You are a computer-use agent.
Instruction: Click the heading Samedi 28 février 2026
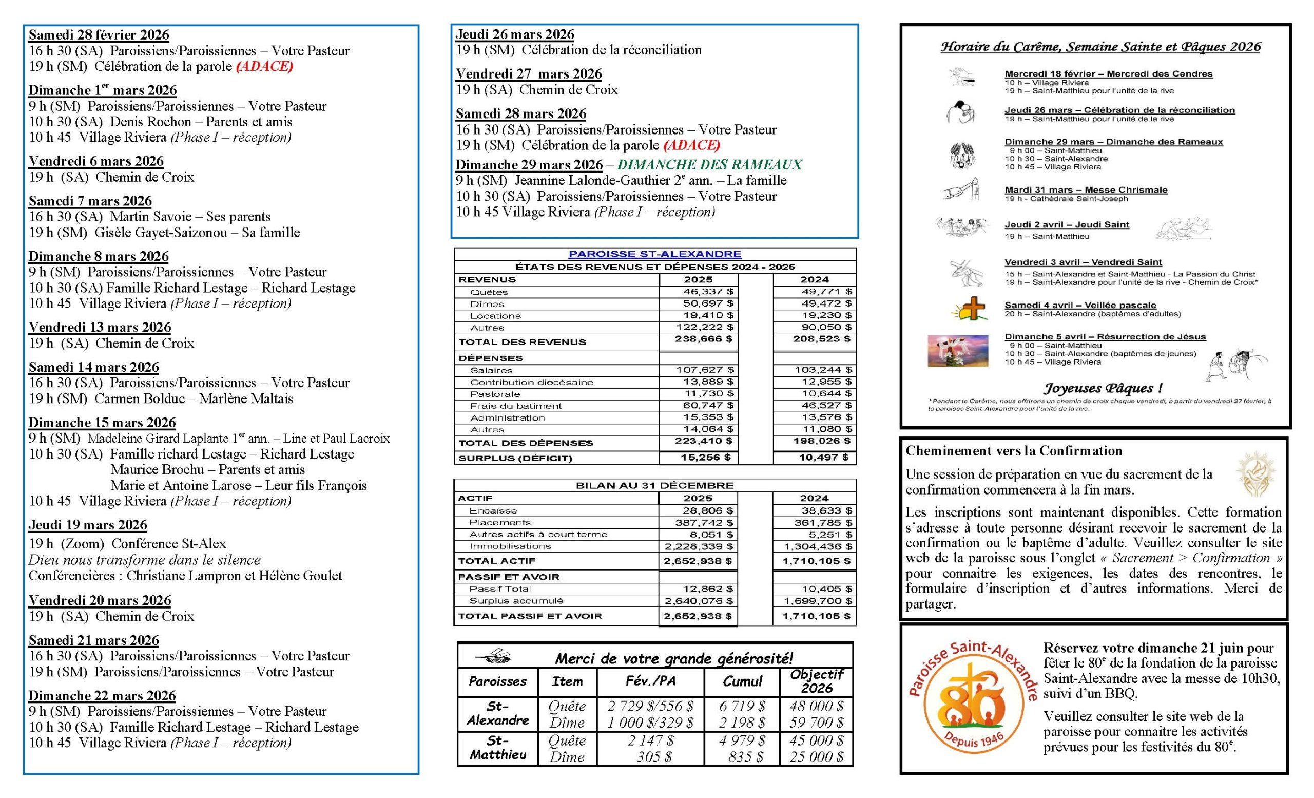[x=99, y=35]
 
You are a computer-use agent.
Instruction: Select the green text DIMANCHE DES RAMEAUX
[x=709, y=165]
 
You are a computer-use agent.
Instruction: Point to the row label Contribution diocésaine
[x=531, y=382]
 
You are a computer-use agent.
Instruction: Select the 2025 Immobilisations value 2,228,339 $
[x=698, y=547]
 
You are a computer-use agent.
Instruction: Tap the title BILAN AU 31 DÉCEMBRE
[x=654, y=485]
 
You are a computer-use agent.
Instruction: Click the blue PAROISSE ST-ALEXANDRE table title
[x=654, y=254]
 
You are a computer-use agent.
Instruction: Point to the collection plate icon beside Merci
[x=493, y=656]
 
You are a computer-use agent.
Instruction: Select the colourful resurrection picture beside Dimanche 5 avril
[x=958, y=350]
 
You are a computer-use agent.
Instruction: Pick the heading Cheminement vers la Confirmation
[x=1013, y=451]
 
